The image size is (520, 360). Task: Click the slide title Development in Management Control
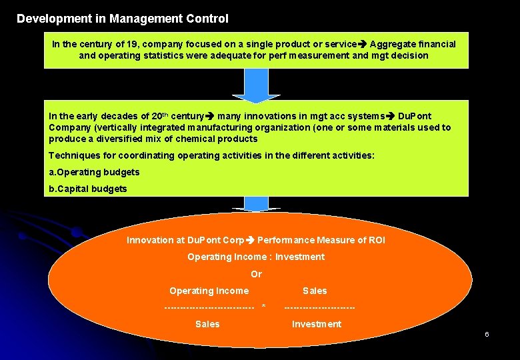point(122,19)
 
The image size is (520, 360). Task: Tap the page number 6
point(487,333)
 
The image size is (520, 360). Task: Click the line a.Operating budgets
point(94,172)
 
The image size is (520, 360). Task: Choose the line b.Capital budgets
point(87,189)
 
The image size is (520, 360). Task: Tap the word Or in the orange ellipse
point(256,274)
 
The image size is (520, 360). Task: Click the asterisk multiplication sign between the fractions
point(264,307)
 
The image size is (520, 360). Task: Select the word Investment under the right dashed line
point(316,324)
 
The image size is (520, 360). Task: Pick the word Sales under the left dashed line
point(207,324)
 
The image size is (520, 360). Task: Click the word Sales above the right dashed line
point(315,291)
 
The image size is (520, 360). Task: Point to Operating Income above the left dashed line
point(209,291)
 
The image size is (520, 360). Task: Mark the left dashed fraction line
point(209,307)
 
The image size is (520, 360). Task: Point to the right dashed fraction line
point(319,307)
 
